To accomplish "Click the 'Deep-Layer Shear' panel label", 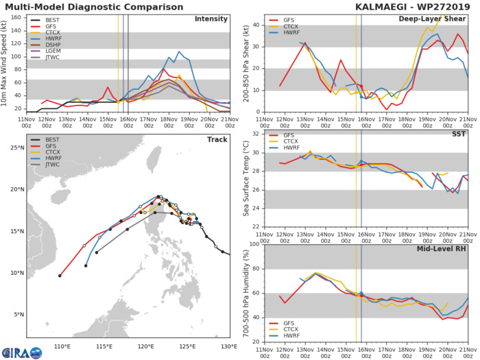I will click(431, 19).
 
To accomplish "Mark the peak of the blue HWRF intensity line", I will click(180, 51).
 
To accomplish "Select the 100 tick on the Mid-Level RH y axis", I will click(253, 244).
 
